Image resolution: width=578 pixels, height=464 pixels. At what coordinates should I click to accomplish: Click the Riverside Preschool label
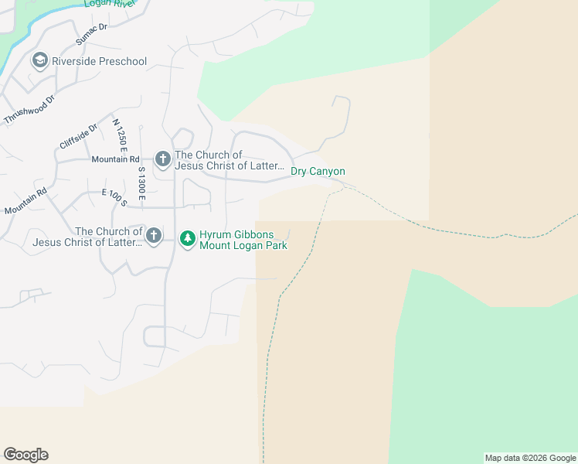[99, 60]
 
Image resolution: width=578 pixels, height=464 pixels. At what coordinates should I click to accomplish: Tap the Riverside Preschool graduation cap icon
[39, 60]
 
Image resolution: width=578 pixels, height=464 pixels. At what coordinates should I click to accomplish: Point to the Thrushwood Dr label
[30, 110]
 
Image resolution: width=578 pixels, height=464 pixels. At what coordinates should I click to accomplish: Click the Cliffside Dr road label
[79, 137]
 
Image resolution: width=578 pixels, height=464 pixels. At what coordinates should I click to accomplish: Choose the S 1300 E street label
[141, 184]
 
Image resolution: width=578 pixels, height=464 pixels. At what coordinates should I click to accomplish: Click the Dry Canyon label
[318, 172]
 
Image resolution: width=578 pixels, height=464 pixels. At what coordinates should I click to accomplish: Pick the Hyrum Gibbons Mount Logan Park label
[243, 240]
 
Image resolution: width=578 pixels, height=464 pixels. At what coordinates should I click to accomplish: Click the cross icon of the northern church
[162, 159]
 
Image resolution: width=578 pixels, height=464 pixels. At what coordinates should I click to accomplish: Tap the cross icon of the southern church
[154, 235]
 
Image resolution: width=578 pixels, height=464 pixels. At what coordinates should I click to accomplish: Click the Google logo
[25, 455]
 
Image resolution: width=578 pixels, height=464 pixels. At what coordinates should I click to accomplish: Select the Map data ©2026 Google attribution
[530, 458]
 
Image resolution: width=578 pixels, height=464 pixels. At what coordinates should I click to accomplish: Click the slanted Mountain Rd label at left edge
[25, 201]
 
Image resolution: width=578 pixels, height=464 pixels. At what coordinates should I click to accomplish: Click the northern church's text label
[229, 160]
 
